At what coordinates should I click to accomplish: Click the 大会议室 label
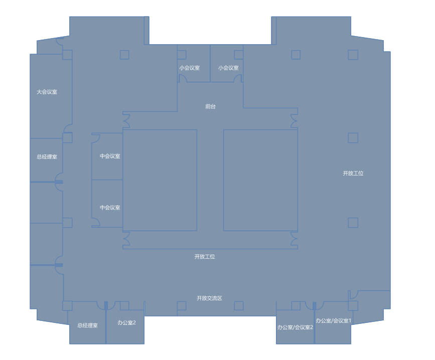pyautogui.click(x=47, y=92)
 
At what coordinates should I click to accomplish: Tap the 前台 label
pyautogui.click(x=210, y=106)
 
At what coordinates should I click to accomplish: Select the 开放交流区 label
pyautogui.click(x=209, y=298)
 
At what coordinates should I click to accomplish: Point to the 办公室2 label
pyautogui.click(x=126, y=322)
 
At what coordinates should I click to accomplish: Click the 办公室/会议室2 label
pyautogui.click(x=295, y=327)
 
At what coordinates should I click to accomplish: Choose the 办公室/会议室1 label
pyautogui.click(x=333, y=320)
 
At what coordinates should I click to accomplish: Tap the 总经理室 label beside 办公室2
pyautogui.click(x=87, y=325)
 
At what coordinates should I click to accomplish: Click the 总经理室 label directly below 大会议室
pyautogui.click(x=47, y=156)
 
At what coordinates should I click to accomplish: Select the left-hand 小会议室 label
pyautogui.click(x=189, y=68)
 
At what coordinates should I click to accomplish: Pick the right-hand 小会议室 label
pyautogui.click(x=228, y=68)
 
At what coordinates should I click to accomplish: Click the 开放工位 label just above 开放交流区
pyautogui.click(x=205, y=257)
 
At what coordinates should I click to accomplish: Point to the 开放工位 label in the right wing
pyautogui.click(x=353, y=173)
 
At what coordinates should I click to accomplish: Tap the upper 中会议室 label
pyautogui.click(x=110, y=156)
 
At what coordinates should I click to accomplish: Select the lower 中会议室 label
pyautogui.click(x=110, y=208)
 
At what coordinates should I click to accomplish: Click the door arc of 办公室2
pyautogui.click(x=111, y=305)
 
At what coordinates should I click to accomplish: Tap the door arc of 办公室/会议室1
pyautogui.click(x=319, y=305)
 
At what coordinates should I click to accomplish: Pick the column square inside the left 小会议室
pyautogui.click(x=182, y=55)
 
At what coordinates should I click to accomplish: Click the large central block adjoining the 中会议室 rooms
pyautogui.click(x=160, y=180)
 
